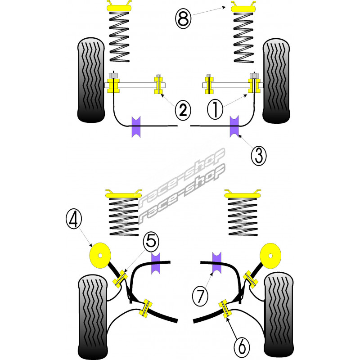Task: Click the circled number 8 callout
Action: [182, 19]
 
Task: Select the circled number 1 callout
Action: [215, 109]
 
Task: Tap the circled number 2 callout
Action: [183, 109]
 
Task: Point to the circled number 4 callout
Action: [74, 219]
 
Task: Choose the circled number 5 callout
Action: [151, 242]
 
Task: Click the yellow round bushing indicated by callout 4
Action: [101, 255]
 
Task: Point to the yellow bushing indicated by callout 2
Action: [158, 85]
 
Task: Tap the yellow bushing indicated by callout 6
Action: [225, 309]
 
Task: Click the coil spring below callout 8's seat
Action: [243, 38]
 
